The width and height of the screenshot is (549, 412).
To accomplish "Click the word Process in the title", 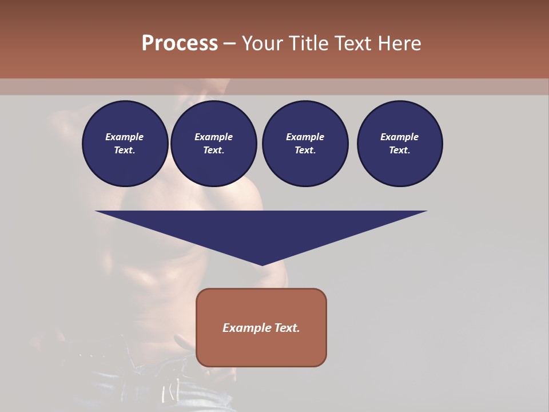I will [x=180, y=43].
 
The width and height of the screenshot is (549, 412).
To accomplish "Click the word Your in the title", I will [x=263, y=43].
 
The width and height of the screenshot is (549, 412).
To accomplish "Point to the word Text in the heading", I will [x=354, y=43].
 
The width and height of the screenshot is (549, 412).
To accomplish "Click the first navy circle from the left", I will [x=125, y=144].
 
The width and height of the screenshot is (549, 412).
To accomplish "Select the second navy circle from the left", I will [x=214, y=144].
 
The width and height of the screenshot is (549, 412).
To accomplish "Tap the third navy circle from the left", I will [x=305, y=144].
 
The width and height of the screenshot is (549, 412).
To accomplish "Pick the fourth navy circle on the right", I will [x=400, y=144].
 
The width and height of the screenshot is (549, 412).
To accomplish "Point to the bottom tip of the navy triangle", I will [x=262, y=264].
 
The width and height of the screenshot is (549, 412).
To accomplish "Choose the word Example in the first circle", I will [x=125, y=137].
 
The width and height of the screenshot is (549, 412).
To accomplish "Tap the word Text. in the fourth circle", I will [x=400, y=150].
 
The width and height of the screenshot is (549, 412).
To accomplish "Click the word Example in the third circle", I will [x=305, y=137].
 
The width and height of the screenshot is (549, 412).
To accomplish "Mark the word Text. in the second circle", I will [x=214, y=150].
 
